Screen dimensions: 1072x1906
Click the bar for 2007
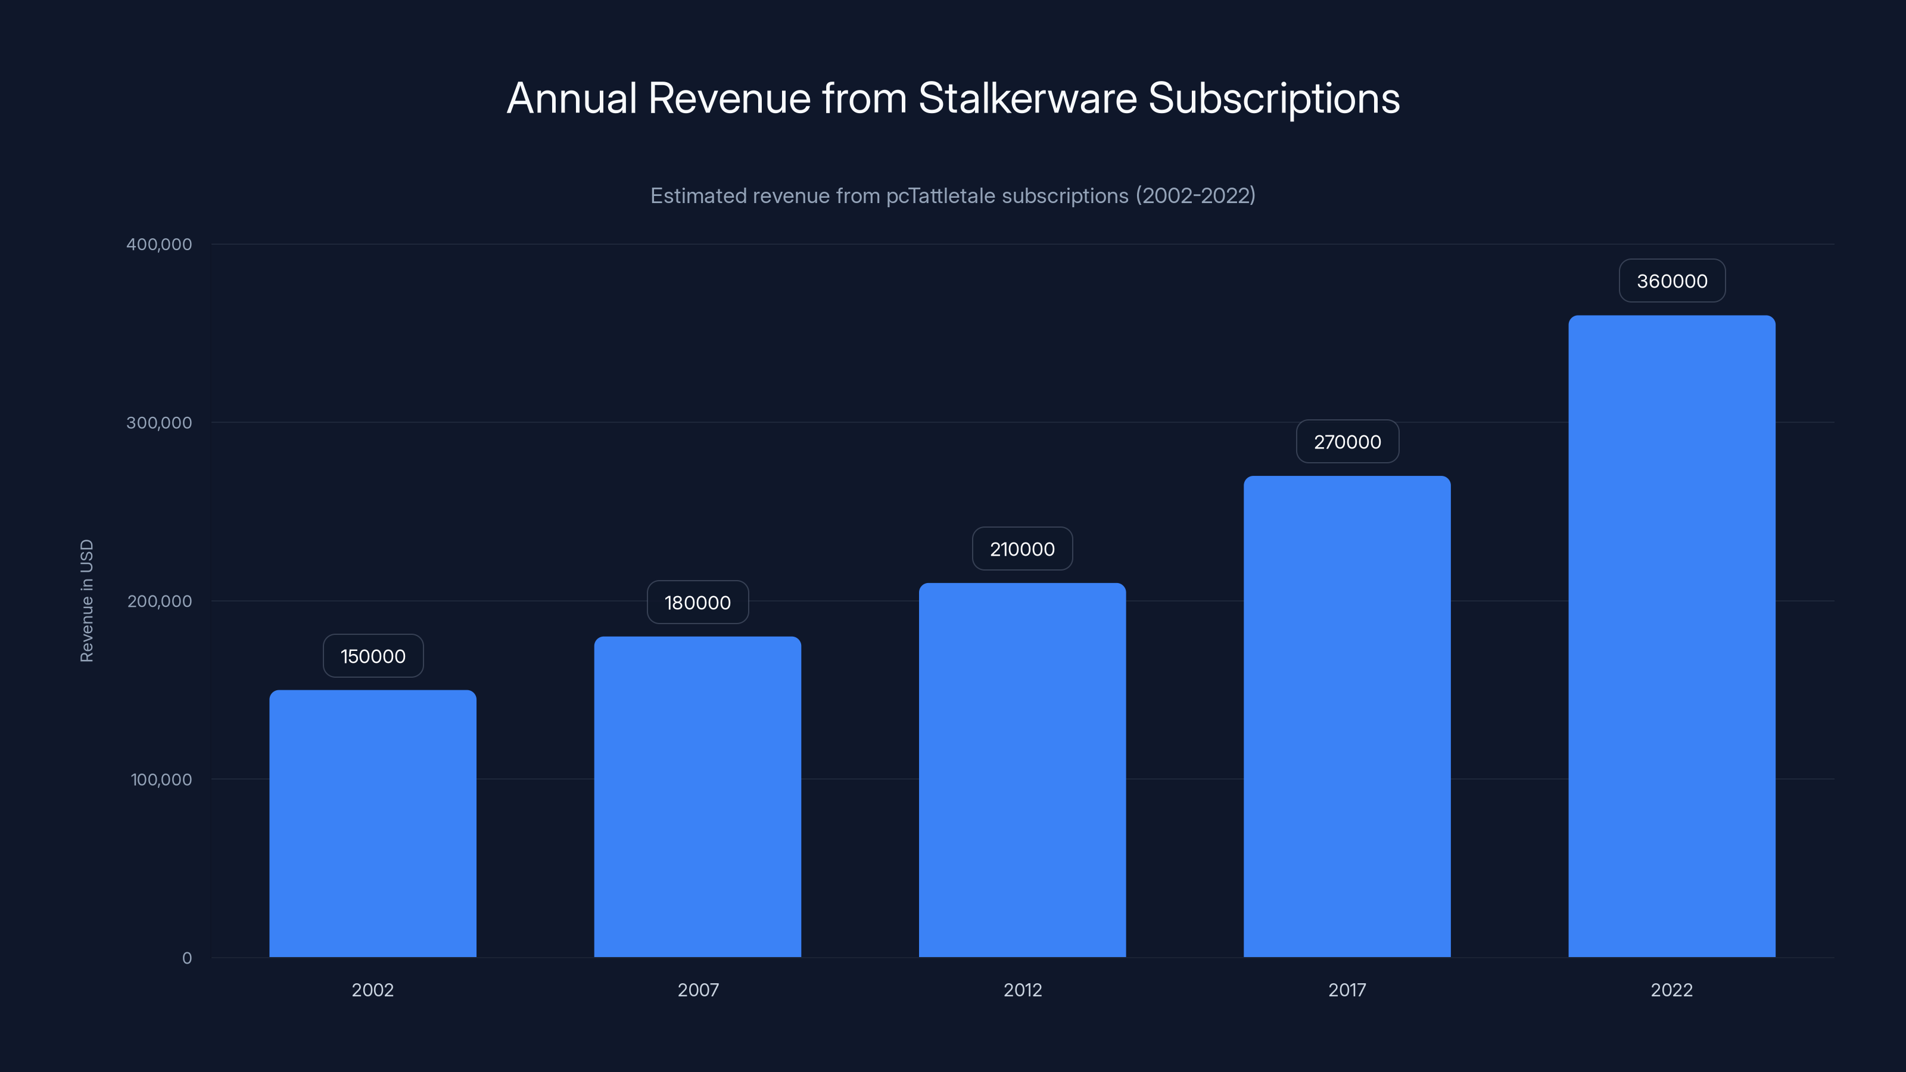697,796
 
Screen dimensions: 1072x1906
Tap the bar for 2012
1022,769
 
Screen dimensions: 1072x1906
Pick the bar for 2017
1347,715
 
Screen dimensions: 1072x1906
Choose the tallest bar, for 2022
1671,635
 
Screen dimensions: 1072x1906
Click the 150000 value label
373,656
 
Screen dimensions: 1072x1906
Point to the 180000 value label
697,602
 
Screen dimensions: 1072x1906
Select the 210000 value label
1022,549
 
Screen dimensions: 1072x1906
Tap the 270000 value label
1347,442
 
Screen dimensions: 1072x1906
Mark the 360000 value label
1671,281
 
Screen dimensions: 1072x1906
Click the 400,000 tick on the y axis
158,244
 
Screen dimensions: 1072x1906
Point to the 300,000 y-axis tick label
158,422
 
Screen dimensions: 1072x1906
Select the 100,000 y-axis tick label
161,779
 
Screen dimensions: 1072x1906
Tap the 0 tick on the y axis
186,958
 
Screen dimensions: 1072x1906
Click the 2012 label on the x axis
1022,990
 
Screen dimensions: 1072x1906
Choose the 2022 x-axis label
1671,990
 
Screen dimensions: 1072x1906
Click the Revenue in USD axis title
86,601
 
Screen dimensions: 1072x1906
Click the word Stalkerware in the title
1027,98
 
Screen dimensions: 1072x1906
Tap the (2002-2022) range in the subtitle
1195,195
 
